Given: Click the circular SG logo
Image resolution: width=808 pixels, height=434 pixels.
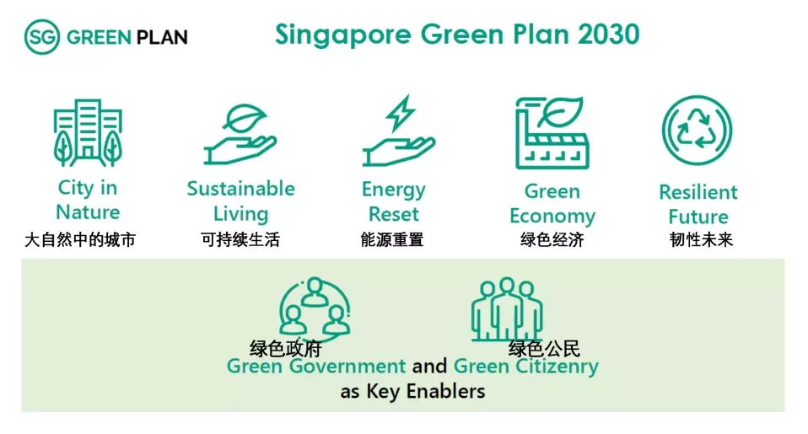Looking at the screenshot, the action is coord(41,36).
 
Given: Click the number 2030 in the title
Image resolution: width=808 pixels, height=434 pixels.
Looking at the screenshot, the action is coord(609,35).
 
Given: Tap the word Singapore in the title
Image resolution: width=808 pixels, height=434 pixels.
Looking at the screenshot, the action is coord(343,35).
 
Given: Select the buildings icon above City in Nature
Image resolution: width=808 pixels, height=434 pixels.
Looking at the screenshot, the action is coord(88,133).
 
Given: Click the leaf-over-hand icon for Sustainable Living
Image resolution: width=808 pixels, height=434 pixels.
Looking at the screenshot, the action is coord(240,134).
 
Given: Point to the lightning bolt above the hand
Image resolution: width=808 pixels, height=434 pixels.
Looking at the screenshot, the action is coord(401,113).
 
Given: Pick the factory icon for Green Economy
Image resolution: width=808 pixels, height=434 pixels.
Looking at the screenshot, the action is coord(552,133).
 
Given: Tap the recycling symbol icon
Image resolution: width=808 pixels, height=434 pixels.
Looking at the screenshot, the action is coord(697,131).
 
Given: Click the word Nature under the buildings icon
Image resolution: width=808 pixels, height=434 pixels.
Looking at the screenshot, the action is coord(88,212).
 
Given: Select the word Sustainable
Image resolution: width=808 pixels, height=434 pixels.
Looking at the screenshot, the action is coord(240,189).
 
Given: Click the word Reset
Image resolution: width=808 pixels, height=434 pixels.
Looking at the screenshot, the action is coord(394,214).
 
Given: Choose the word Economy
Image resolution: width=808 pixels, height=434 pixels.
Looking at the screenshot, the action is coord(552,217).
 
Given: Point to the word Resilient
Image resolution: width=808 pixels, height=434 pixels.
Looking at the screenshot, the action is coord(698,192).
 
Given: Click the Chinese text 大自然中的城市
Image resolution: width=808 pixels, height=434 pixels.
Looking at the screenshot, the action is coord(80,239).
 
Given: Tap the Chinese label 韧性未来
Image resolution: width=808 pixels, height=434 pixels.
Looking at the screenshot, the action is coord(701,239).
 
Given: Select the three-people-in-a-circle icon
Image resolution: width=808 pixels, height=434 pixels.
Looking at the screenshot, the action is coord(315,308).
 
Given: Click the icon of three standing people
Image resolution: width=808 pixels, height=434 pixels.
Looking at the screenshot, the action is coord(507,309).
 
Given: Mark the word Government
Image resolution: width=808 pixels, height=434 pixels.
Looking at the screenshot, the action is coord(347,366).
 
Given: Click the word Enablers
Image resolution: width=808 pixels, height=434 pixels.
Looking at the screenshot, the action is coord(445,391).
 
